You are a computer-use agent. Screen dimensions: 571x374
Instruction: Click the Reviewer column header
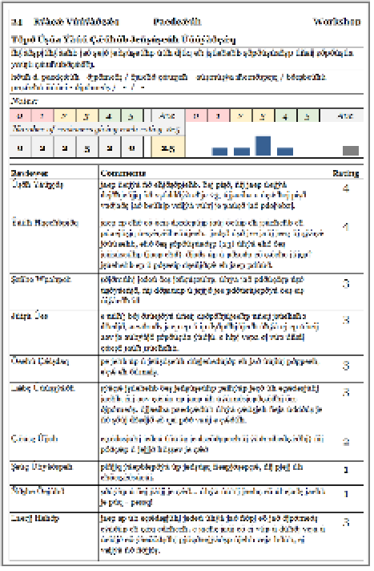click(30, 172)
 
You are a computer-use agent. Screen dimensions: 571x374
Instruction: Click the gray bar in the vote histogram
click(350, 150)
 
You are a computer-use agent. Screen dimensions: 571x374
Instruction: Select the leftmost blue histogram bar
click(219, 151)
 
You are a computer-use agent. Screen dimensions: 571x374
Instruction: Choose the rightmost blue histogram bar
click(284, 151)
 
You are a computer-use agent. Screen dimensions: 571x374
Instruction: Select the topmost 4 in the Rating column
click(344, 190)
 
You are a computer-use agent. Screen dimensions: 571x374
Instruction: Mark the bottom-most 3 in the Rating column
click(344, 522)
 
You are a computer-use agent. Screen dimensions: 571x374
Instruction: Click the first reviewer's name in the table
click(32, 184)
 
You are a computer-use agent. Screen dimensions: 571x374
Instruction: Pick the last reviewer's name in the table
click(33, 520)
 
